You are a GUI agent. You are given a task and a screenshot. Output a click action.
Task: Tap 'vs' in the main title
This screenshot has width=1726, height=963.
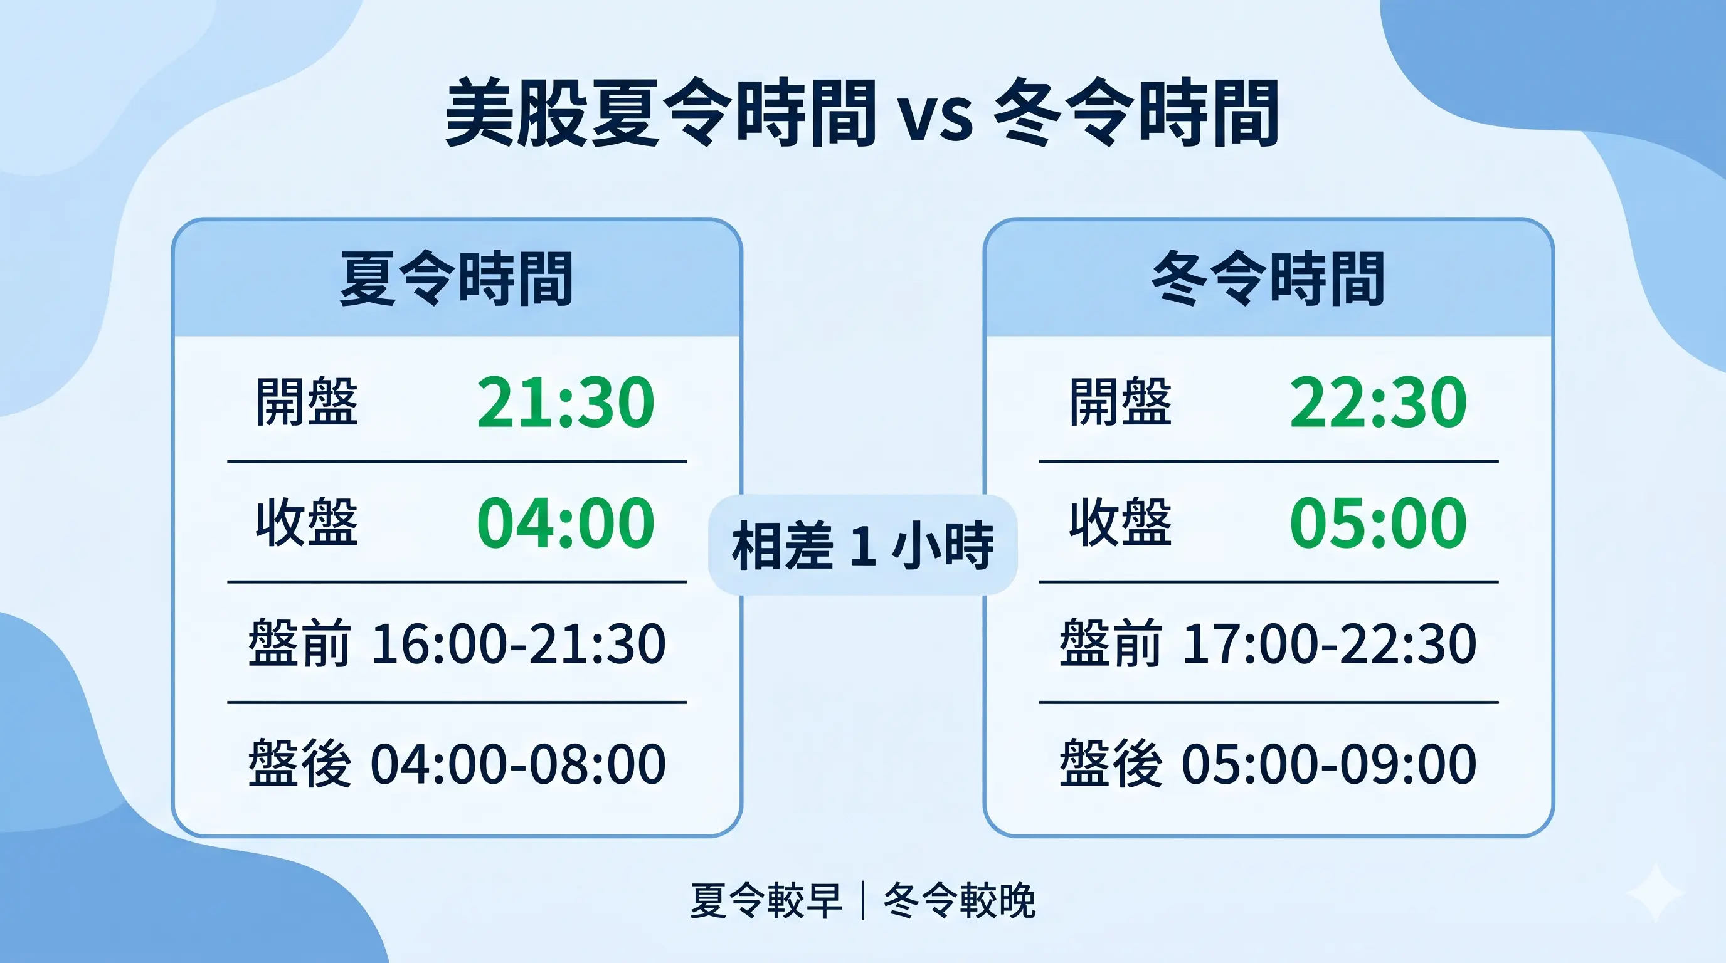(935, 117)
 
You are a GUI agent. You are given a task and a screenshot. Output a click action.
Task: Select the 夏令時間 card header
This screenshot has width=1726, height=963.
(457, 278)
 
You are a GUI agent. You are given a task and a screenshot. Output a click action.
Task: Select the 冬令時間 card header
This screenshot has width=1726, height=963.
(1268, 278)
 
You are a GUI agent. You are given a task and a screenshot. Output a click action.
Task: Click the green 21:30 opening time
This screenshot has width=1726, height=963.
(566, 403)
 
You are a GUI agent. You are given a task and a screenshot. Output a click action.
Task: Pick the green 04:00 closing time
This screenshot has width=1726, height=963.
(566, 523)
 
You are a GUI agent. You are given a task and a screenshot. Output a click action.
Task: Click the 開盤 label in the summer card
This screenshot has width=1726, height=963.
(307, 402)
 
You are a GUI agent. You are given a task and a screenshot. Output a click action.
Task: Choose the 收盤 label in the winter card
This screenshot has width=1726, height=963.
(1120, 522)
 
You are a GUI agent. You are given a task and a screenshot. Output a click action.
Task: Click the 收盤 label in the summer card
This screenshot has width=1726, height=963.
(307, 522)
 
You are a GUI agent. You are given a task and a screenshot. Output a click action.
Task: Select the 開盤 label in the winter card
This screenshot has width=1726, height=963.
(1120, 402)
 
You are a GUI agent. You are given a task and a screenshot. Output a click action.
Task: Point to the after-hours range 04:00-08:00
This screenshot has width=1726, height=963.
(518, 764)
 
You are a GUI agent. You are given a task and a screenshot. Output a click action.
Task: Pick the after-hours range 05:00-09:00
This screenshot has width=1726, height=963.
(1330, 764)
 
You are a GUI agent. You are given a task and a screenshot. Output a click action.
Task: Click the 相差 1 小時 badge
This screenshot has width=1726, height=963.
(863, 545)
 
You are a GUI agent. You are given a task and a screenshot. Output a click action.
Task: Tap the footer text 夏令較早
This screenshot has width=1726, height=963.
(766, 902)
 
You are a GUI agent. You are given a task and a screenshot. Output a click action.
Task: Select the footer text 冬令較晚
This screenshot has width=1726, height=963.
(960, 902)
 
